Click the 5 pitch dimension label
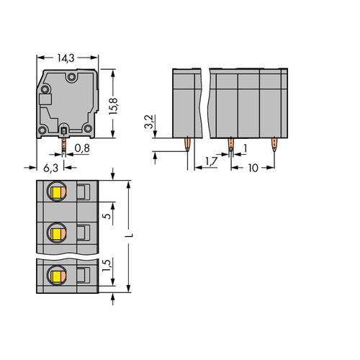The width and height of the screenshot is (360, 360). pyautogui.click(x=107, y=213)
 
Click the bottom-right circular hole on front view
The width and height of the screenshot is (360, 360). pyautogui.click(x=88, y=128)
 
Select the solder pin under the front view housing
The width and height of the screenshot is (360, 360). pyautogui.click(x=63, y=146)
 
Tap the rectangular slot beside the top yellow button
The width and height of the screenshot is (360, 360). pyautogui.click(x=84, y=192)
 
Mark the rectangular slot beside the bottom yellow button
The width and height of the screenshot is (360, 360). pyautogui.click(x=84, y=275)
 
